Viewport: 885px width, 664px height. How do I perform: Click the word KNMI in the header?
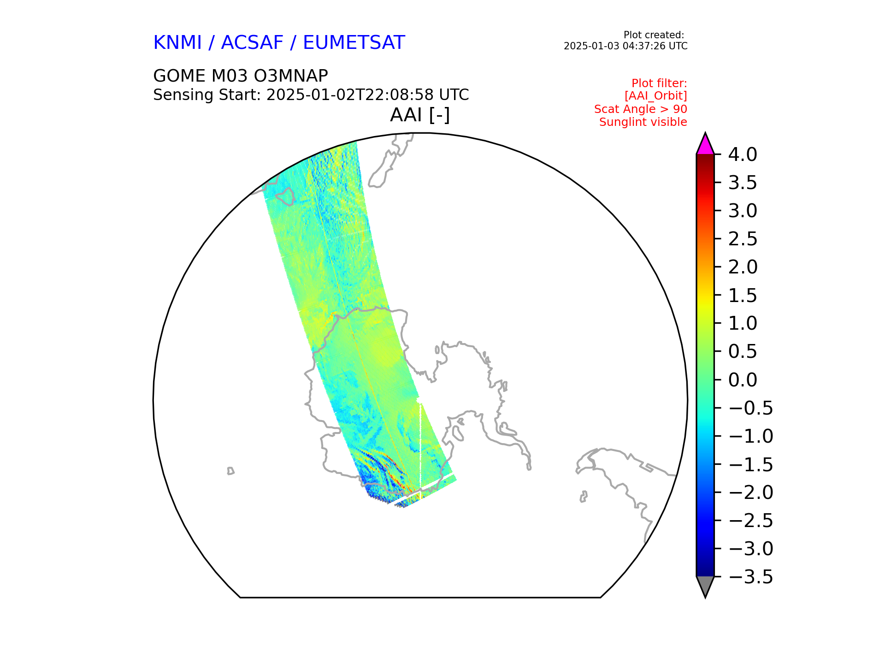[x=177, y=43]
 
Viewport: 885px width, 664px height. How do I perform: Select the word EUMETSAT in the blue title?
[x=354, y=43]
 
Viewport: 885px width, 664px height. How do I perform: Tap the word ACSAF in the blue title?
[x=252, y=43]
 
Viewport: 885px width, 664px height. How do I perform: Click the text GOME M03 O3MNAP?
[x=241, y=76]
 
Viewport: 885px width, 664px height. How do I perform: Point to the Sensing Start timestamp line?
[x=311, y=95]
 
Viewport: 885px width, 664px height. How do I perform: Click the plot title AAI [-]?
[x=420, y=115]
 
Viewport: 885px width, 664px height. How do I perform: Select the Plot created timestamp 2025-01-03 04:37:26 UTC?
[x=625, y=46]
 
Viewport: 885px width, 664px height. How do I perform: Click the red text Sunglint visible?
[x=643, y=122]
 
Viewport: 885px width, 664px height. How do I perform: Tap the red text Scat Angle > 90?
[x=641, y=109]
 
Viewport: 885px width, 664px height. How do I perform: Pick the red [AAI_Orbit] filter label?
[x=656, y=96]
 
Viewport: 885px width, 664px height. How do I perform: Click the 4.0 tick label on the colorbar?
[x=743, y=154]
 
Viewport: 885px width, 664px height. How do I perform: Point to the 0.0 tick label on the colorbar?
[x=743, y=380]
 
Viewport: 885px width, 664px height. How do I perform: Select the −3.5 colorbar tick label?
[x=751, y=577]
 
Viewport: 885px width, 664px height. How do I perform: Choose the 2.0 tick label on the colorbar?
[x=743, y=267]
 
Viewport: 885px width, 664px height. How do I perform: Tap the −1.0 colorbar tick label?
[x=751, y=436]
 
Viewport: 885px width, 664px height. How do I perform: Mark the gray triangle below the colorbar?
[x=705, y=586]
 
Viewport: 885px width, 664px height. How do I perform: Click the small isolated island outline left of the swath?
[x=230, y=471]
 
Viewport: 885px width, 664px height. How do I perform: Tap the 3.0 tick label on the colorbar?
[x=743, y=211]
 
